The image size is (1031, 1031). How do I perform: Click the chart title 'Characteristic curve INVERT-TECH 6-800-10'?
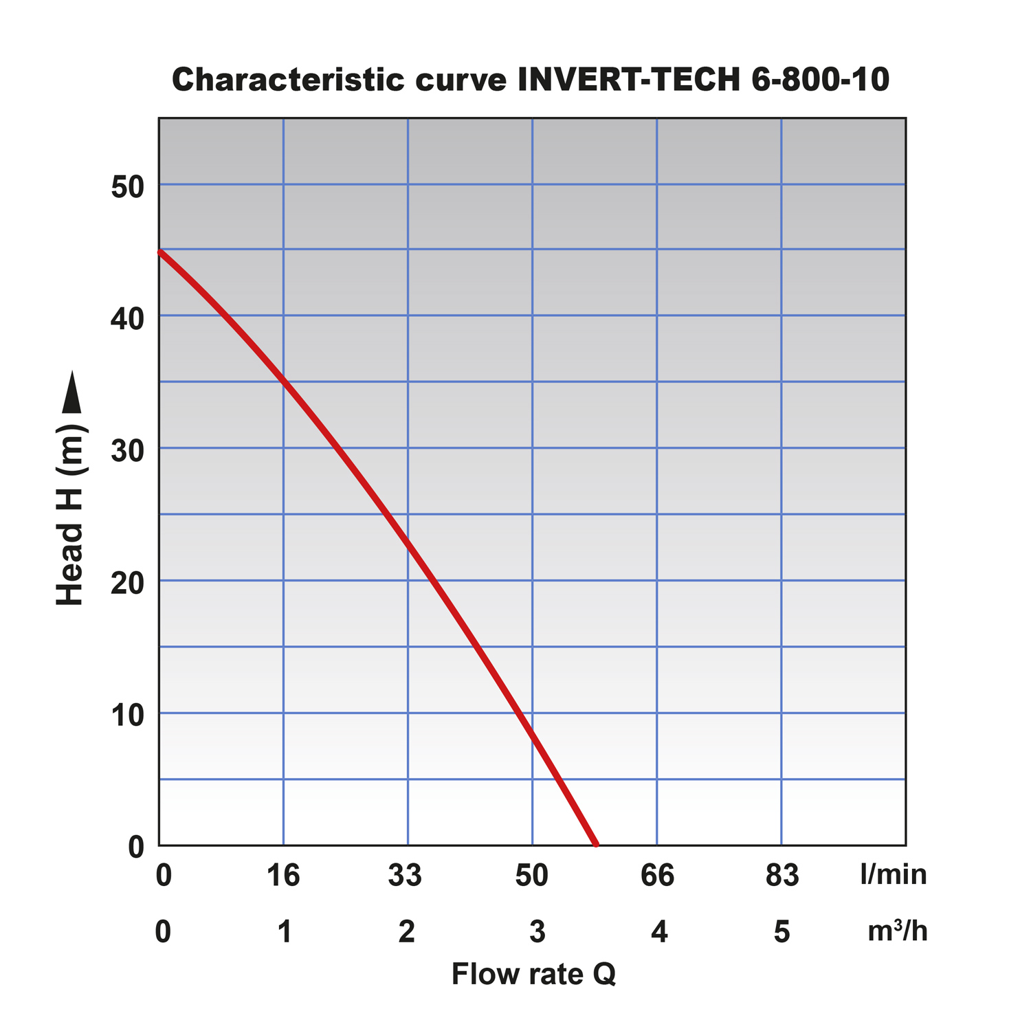[x=530, y=80]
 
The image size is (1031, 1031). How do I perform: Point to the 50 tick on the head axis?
[x=127, y=186]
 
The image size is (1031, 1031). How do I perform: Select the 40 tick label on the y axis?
[x=127, y=318]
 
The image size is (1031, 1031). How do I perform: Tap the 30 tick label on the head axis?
[x=127, y=451]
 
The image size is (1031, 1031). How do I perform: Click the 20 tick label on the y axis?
[x=127, y=583]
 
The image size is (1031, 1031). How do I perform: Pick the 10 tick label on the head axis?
[x=127, y=716]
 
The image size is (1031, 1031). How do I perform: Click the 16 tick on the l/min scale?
[x=283, y=875]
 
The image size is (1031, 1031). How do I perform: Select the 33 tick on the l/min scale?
[x=406, y=875]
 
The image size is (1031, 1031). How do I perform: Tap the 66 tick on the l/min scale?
[x=657, y=875]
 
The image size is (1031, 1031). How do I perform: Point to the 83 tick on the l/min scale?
[x=782, y=875]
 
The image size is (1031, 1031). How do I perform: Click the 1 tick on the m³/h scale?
[x=285, y=931]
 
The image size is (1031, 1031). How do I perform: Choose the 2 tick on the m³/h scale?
[x=407, y=931]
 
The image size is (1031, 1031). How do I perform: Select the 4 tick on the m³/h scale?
[x=659, y=931]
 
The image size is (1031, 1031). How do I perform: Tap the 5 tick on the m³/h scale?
[x=782, y=931]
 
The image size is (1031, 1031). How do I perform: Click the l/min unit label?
[x=893, y=875]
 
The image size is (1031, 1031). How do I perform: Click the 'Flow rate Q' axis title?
[x=533, y=974]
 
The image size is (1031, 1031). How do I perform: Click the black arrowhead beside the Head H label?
[x=71, y=393]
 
